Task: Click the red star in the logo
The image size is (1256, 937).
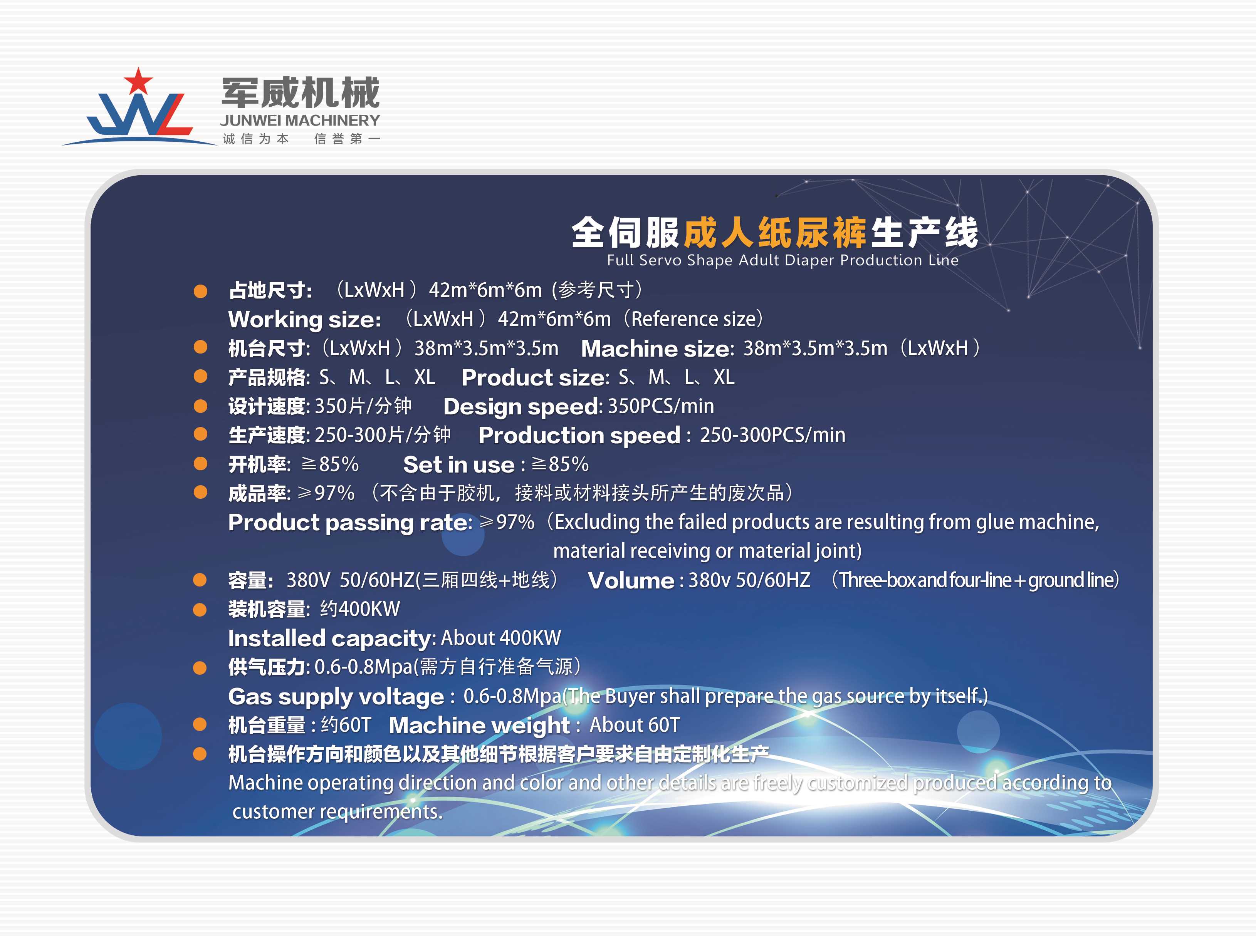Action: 138,81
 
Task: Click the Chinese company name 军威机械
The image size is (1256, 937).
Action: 301,92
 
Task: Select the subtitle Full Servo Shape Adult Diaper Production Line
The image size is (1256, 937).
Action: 782,260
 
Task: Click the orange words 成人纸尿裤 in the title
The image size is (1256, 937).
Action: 775,233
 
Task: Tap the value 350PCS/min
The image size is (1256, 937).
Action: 661,406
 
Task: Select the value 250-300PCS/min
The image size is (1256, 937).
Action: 772,435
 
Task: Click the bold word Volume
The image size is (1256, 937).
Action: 631,581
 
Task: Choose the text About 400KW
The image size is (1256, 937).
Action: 501,638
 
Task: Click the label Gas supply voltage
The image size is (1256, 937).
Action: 336,697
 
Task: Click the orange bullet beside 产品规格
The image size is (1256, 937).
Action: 200,377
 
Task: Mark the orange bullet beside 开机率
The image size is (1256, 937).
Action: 200,464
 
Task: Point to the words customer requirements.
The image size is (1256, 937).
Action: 338,812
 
